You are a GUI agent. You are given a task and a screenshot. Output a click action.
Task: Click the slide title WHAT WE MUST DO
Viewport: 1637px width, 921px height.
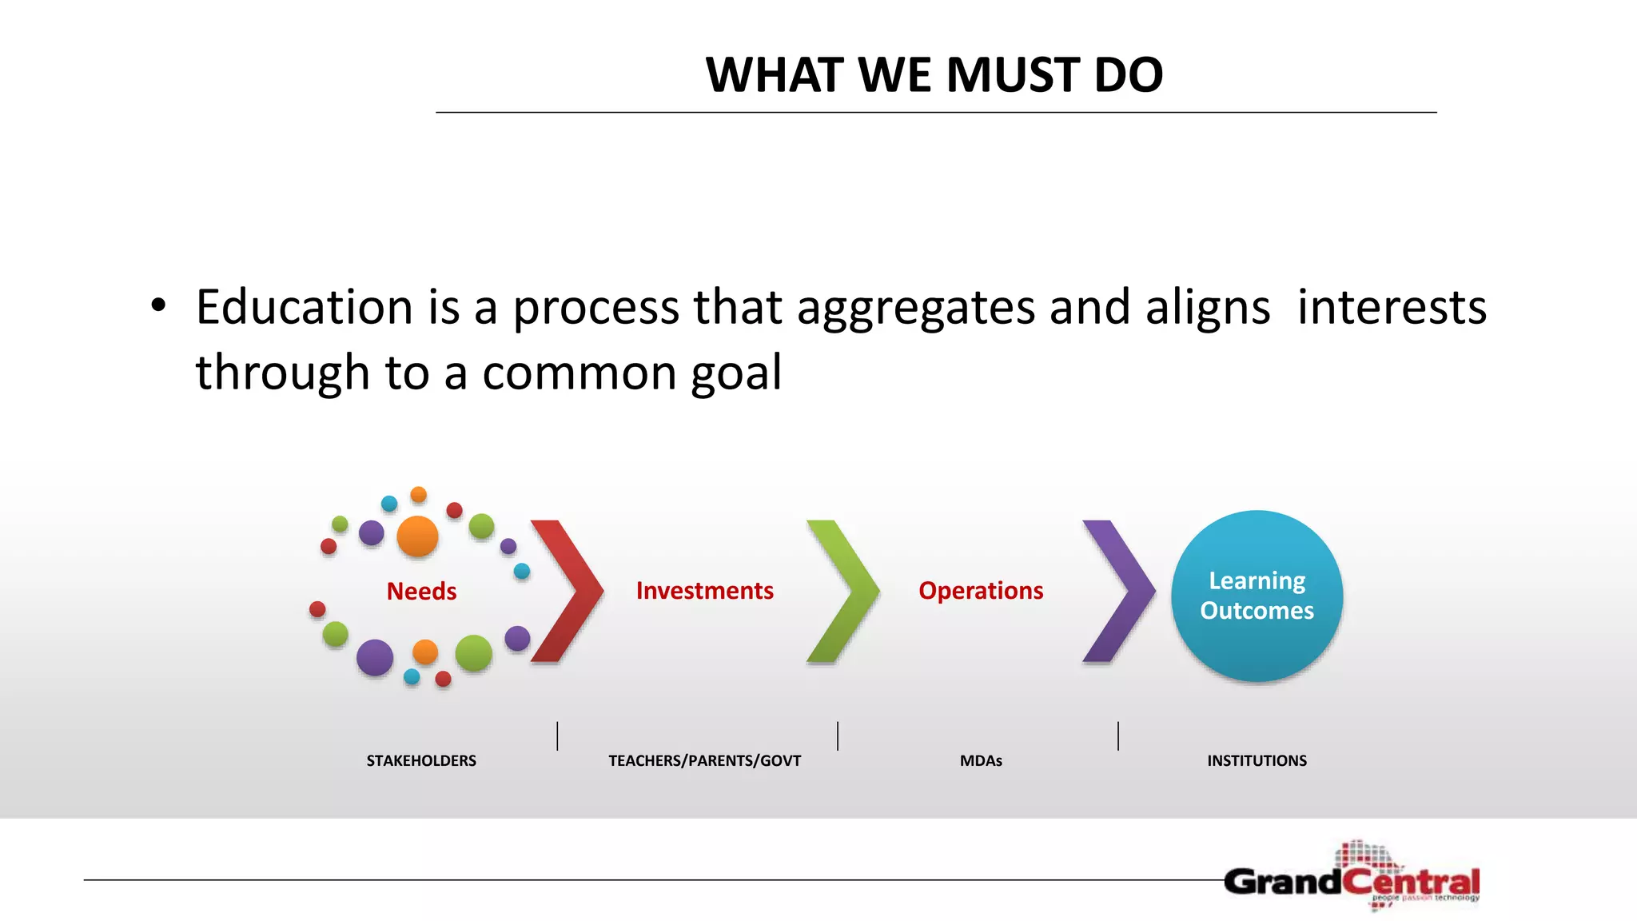pos(934,75)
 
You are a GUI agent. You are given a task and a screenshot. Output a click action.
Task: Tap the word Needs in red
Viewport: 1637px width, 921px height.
pos(421,591)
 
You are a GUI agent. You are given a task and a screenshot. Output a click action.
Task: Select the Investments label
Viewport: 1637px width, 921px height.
pos(704,590)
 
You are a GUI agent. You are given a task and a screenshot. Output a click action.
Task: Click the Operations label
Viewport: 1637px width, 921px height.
pos(981,590)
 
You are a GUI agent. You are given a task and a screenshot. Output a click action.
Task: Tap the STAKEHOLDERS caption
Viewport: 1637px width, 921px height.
pos(421,760)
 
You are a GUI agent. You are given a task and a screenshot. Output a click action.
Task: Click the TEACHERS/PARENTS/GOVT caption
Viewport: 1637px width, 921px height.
pos(704,760)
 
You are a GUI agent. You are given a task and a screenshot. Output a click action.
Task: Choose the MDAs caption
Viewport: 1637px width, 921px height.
pos(981,760)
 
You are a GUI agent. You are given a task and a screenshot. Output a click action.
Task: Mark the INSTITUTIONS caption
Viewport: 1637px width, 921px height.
pos(1257,760)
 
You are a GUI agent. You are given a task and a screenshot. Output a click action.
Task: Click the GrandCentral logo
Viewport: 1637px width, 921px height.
pos(1352,880)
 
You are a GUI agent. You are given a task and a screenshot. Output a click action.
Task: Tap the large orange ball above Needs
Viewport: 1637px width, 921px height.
pos(417,536)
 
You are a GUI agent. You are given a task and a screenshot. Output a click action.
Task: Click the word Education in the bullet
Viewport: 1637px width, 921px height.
pos(304,307)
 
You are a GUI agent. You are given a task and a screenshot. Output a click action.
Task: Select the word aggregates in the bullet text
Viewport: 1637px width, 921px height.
pos(915,309)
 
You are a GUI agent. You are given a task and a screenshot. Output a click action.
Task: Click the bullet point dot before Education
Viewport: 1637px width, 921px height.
pos(158,305)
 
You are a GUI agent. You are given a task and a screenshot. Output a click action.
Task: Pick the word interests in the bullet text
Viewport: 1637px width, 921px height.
pos(1391,307)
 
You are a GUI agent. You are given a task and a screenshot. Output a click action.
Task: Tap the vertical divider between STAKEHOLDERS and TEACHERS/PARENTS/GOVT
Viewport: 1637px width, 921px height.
pos(557,736)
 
